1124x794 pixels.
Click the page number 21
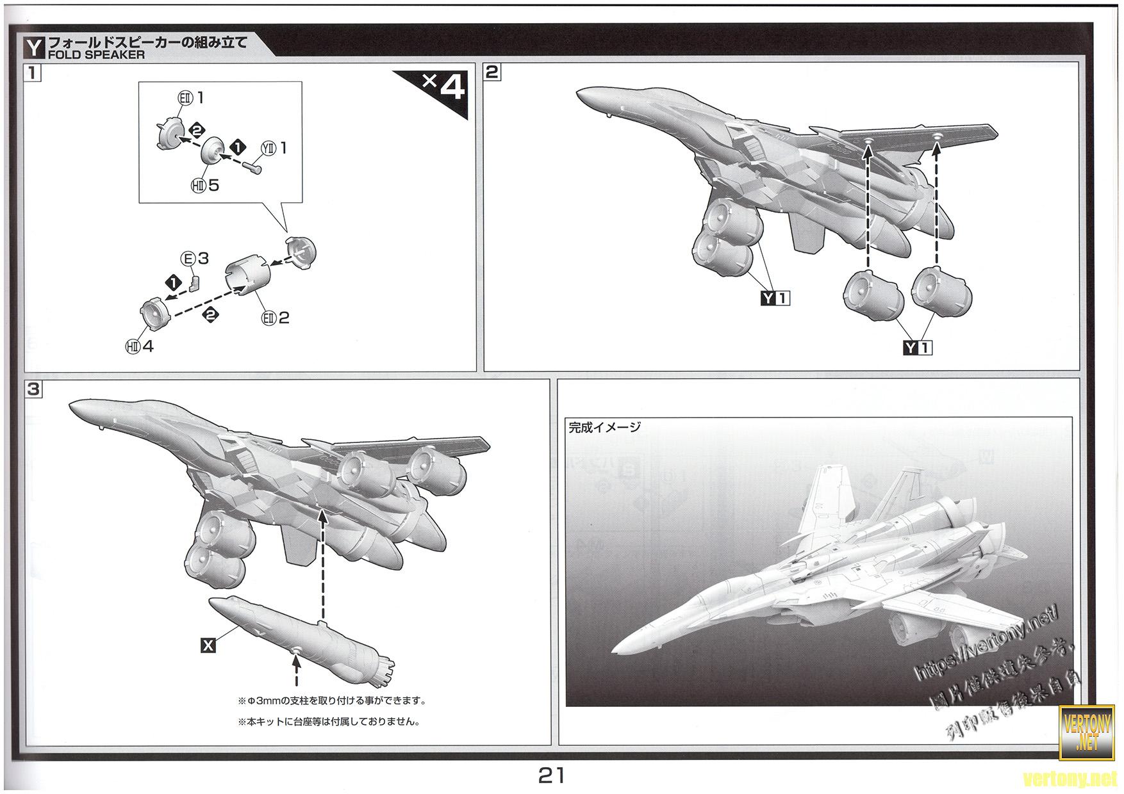point(551,775)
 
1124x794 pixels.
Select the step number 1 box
point(33,72)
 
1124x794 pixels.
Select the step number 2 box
point(492,72)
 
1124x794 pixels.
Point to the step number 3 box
point(33,389)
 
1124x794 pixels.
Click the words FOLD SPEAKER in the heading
point(96,55)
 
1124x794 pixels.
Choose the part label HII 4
point(140,346)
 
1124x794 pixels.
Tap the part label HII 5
point(205,185)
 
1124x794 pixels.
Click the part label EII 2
point(276,318)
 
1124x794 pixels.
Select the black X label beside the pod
point(208,646)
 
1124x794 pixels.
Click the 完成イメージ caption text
point(604,428)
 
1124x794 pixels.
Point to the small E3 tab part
point(195,282)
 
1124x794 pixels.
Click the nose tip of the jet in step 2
point(578,97)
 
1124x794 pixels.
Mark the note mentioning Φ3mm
point(331,701)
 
